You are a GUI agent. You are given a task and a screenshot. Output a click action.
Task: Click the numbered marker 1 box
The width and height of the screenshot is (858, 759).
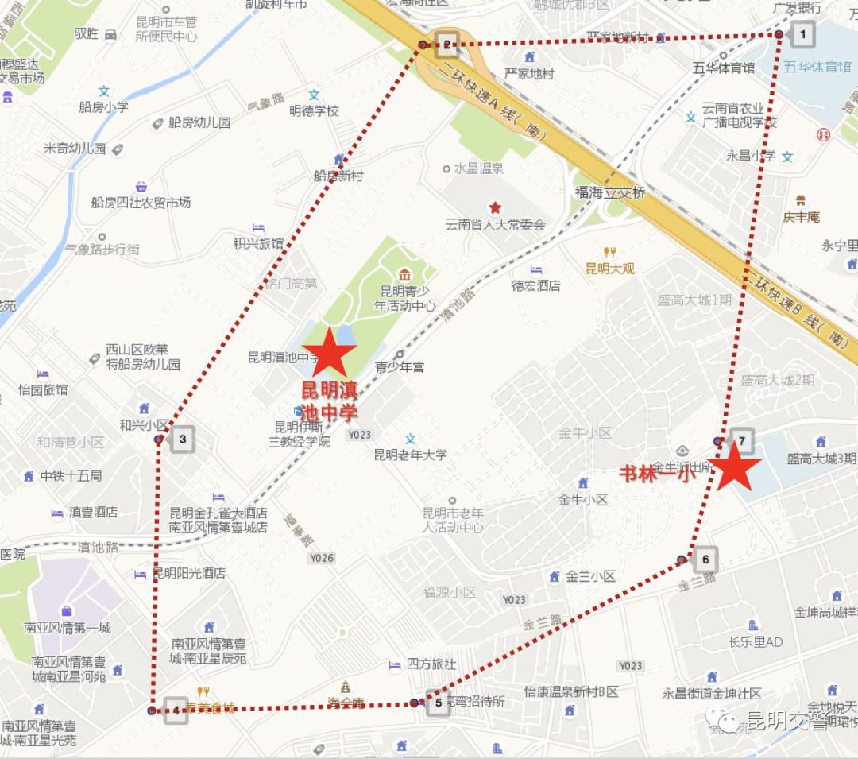pyautogui.click(x=803, y=34)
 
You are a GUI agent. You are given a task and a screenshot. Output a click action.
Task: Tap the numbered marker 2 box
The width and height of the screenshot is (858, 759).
pyautogui.click(x=446, y=45)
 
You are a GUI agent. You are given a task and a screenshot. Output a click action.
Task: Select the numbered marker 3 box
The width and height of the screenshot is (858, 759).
pyautogui.click(x=183, y=439)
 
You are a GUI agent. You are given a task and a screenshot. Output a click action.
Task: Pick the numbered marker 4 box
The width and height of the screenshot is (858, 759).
pyautogui.click(x=175, y=711)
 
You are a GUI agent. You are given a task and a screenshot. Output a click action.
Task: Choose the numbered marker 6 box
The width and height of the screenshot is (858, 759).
pyautogui.click(x=705, y=560)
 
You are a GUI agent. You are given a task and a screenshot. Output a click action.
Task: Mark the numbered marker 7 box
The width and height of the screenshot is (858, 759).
pyautogui.click(x=741, y=440)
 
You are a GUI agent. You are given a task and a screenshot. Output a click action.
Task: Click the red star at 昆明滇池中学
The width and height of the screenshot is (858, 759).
pyautogui.click(x=329, y=352)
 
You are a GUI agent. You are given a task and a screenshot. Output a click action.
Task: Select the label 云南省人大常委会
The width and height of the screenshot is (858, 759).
pyautogui.click(x=496, y=225)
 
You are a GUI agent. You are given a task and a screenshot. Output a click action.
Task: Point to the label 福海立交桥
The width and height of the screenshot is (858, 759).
pyautogui.click(x=611, y=193)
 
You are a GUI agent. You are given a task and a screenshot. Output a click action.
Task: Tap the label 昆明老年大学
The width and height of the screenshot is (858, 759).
pyautogui.click(x=410, y=455)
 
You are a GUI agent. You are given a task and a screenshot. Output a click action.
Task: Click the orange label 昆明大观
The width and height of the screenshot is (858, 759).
pyautogui.click(x=609, y=268)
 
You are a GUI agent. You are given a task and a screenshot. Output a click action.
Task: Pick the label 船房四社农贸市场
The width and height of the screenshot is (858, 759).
pyautogui.click(x=141, y=203)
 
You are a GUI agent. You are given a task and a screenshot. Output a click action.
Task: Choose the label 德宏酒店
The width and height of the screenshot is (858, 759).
pyautogui.click(x=536, y=285)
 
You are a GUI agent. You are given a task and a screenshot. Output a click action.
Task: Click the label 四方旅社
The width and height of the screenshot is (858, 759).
pyautogui.click(x=431, y=664)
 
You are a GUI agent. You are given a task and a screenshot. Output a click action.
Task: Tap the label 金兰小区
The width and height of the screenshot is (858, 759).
pyautogui.click(x=590, y=577)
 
